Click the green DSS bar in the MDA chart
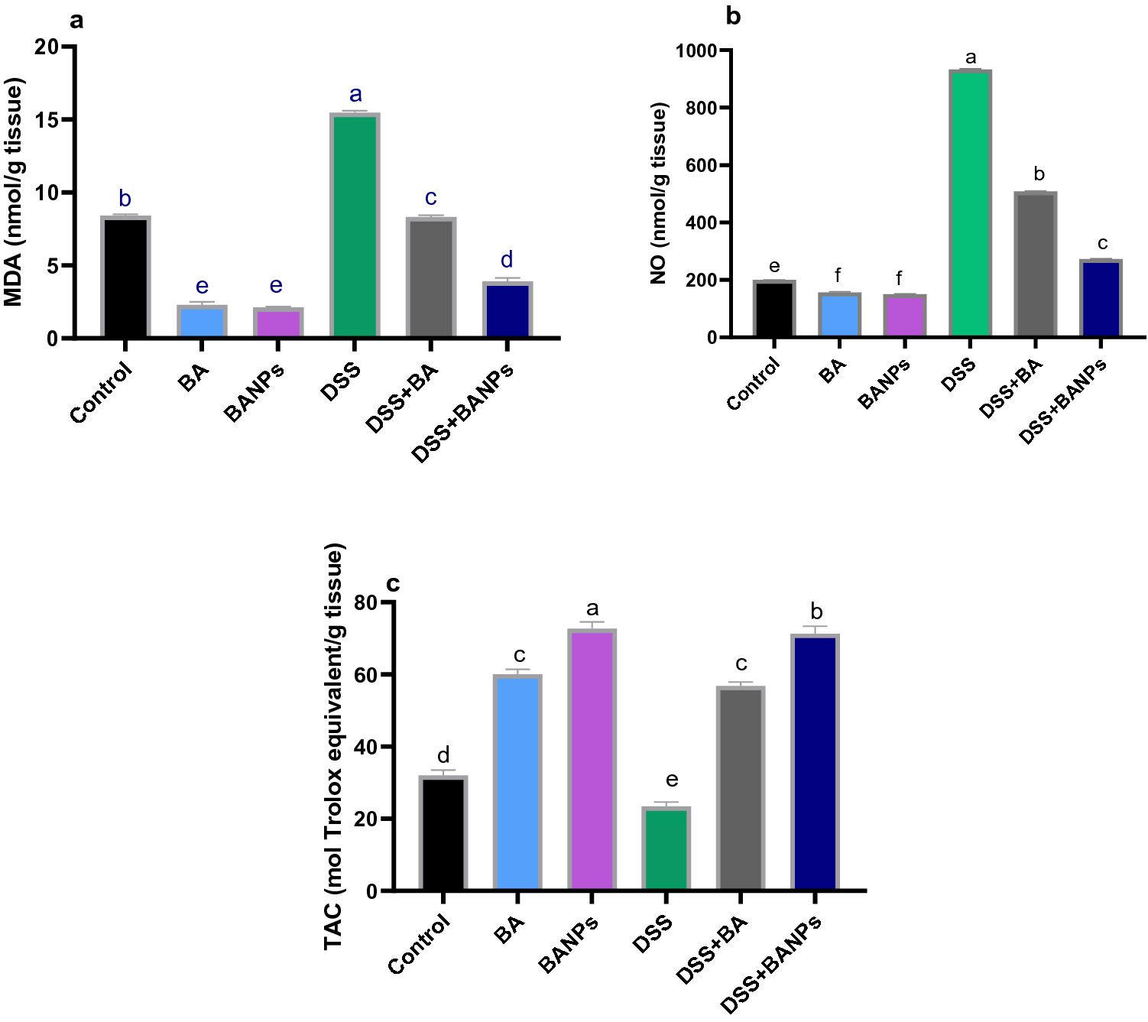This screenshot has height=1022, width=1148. pos(355,225)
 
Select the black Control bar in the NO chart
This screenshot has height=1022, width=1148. pos(773,309)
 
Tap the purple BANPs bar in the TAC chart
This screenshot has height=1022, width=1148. pos(592,760)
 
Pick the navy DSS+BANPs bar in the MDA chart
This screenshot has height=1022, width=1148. pos(507,310)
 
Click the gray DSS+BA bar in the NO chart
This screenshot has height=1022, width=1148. pos(1036,264)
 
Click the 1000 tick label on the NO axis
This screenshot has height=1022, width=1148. pos(696,51)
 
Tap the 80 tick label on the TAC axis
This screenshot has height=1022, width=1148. pos(366,603)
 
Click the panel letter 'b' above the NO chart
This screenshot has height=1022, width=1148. pos(733,16)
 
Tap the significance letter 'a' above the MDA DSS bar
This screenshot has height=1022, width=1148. pos(355,95)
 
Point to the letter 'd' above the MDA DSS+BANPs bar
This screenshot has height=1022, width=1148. pos(507,260)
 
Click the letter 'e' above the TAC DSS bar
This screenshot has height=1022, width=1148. pos(672,780)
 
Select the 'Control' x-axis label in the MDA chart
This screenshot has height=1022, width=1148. pos(102,393)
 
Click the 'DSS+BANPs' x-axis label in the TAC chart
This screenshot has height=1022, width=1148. pos(772,964)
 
